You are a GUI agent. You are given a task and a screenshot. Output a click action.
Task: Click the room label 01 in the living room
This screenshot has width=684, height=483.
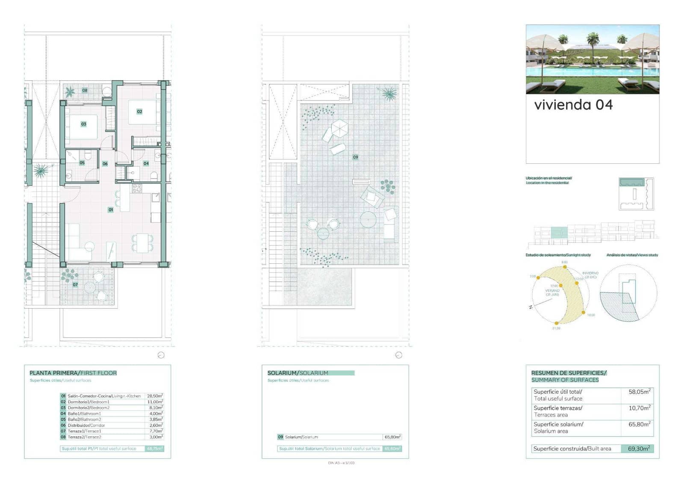pos(111,210)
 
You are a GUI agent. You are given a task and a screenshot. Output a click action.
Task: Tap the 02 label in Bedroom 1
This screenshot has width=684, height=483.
pos(139,112)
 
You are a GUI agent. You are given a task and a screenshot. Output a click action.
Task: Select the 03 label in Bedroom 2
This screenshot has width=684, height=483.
pos(84,124)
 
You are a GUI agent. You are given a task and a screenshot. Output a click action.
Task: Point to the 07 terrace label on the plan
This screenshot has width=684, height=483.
pos(75,285)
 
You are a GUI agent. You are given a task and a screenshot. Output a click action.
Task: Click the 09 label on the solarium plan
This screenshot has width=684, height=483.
pos(355,157)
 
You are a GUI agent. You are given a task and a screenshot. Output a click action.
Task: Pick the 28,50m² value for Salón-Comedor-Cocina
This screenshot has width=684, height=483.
pos(155,396)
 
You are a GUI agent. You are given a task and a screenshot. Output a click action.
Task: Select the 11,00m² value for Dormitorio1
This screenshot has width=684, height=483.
pos(155,402)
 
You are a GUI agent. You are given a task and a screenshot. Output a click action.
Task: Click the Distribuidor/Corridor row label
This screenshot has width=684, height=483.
pos(86,426)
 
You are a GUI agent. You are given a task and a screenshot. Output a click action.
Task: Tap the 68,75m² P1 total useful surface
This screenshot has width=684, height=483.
pos(155,449)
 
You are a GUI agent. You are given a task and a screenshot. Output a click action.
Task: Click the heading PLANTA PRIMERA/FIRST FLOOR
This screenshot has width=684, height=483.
pos(73,373)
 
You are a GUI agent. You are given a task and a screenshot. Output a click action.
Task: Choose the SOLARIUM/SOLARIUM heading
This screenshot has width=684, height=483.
pos(298,373)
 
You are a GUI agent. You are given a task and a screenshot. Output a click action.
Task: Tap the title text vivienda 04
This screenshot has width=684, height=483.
pos(573,105)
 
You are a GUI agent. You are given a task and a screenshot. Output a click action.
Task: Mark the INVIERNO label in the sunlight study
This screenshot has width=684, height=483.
pos(590,273)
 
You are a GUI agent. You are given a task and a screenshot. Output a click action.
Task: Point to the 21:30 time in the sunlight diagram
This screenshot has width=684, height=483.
pos(556,328)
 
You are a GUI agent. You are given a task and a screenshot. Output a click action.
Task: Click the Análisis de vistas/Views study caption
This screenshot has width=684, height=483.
pos(632,255)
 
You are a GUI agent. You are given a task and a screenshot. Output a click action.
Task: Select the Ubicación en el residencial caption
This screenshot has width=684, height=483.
pos(548,178)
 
